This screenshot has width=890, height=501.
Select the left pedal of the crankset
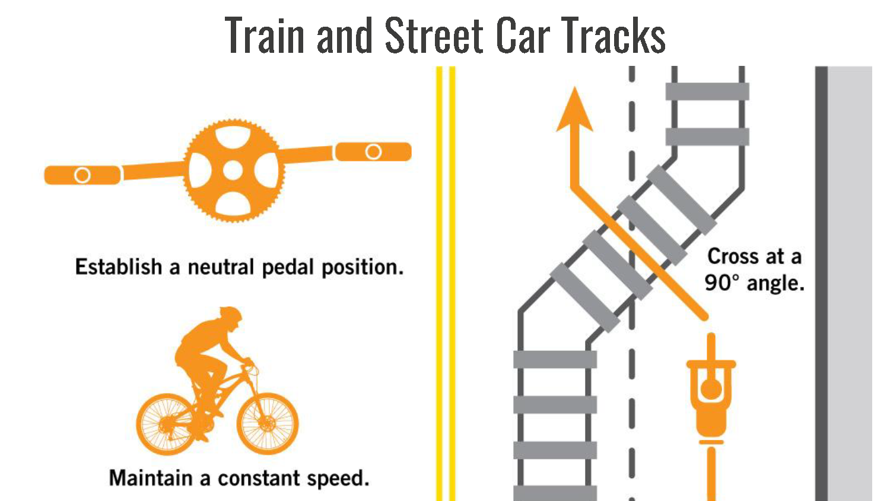[82, 175]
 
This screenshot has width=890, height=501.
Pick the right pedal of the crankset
[373, 152]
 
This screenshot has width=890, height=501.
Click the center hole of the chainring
[233, 171]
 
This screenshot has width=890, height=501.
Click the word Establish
[118, 267]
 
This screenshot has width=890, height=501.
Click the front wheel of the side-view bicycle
[268, 423]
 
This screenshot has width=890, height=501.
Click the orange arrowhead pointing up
[574, 110]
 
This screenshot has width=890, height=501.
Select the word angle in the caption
[775, 284]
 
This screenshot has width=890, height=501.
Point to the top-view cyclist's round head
[711, 389]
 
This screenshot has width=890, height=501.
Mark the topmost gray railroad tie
[707, 91]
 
